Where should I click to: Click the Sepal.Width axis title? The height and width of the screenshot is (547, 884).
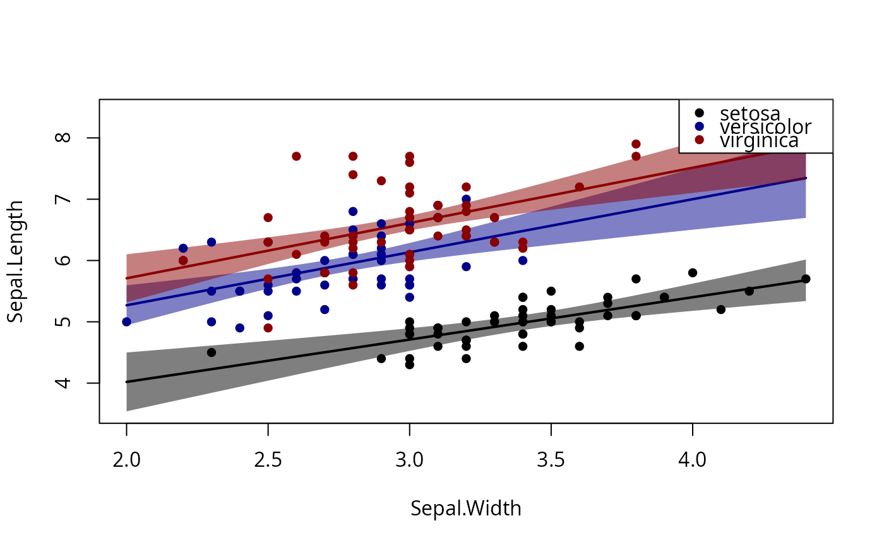pyautogui.click(x=466, y=508)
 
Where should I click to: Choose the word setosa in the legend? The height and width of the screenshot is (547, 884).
pyautogui.click(x=750, y=113)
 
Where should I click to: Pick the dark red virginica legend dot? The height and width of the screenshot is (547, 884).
pyautogui.click(x=699, y=139)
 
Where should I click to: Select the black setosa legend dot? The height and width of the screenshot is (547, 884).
pyautogui.click(x=699, y=112)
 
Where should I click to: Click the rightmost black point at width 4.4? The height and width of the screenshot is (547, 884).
pyautogui.click(x=806, y=279)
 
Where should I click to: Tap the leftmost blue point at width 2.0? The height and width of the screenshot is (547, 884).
pyautogui.click(x=126, y=322)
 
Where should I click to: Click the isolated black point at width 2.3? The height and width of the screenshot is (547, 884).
pyautogui.click(x=212, y=352)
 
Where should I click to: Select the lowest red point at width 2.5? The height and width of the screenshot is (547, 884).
pyautogui.click(x=268, y=328)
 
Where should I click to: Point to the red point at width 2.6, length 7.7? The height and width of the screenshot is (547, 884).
pyautogui.click(x=296, y=156)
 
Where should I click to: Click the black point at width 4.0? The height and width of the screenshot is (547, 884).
pyautogui.click(x=693, y=273)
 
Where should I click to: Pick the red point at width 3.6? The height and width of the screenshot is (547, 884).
pyautogui.click(x=579, y=187)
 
